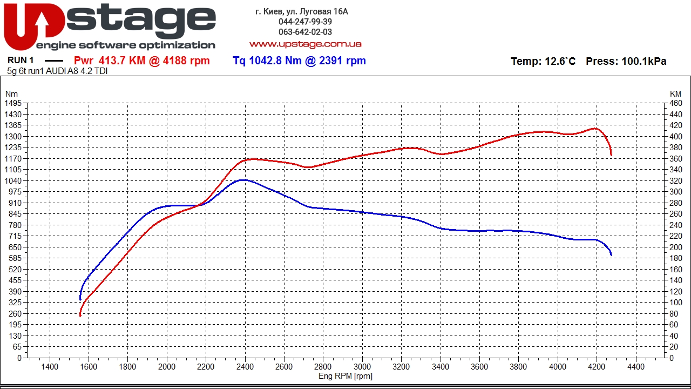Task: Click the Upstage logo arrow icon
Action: pyautogui.click(x=42, y=24)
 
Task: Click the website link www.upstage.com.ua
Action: pyautogui.click(x=305, y=44)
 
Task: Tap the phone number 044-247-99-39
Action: pyautogui.click(x=305, y=22)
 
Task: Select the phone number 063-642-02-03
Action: pyautogui.click(x=305, y=32)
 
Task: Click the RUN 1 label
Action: pyautogui.click(x=21, y=61)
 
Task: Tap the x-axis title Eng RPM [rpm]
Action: pyautogui.click(x=345, y=376)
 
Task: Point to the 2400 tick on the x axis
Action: pyautogui.click(x=245, y=366)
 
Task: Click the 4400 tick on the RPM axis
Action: pyautogui.click(x=635, y=366)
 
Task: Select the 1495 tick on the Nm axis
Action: pyautogui.click(x=13, y=103)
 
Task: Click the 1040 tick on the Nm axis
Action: pyautogui.click(x=13, y=181)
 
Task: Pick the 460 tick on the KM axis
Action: pyautogui.click(x=675, y=103)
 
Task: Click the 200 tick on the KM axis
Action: pyautogui.click(x=675, y=247)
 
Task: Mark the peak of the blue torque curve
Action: pyautogui.click(x=243, y=180)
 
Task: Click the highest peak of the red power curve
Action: pyautogui.click(x=594, y=128)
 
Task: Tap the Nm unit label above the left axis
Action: pyautogui.click(x=11, y=94)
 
